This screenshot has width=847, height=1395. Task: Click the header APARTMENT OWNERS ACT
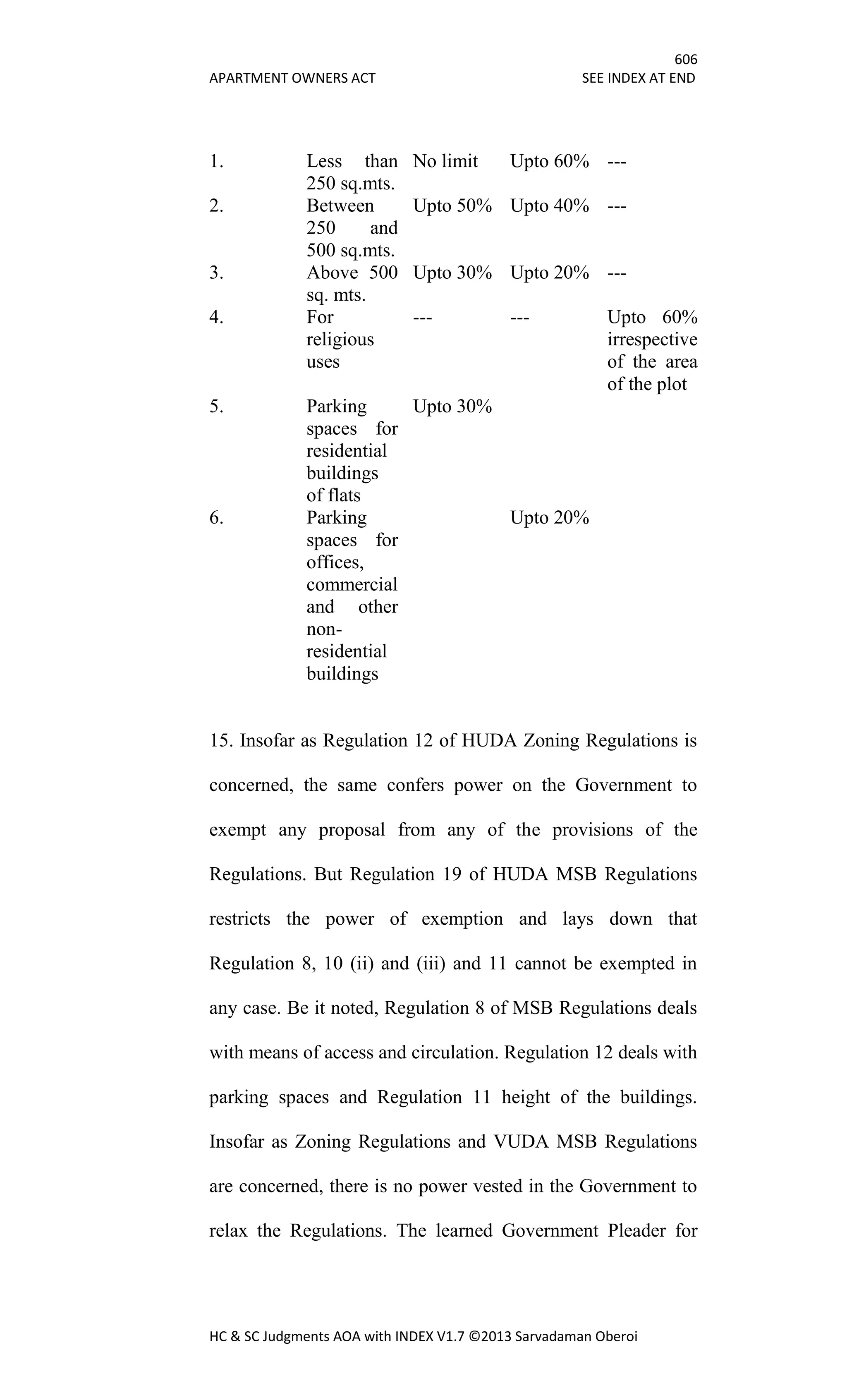[292, 78]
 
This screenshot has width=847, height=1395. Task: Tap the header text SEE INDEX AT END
[638, 78]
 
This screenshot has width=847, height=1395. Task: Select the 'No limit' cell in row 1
[445, 161]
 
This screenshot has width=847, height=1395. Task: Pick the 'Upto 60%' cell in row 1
[549, 161]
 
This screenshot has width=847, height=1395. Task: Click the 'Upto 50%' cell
[452, 206]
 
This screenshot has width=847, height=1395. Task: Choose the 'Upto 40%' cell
[549, 206]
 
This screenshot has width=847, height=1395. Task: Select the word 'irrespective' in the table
[652, 340]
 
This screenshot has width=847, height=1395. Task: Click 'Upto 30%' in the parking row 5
[452, 407]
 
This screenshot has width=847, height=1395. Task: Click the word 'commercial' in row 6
[352, 585]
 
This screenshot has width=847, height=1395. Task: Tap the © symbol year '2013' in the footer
[496, 1337]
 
